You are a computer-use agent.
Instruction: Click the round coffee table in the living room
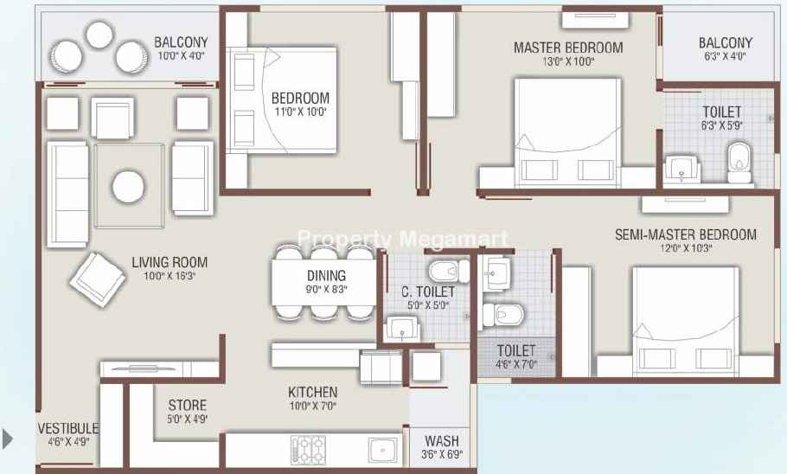click(129, 187)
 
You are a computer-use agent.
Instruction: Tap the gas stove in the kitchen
click(308, 449)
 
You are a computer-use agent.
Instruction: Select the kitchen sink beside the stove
click(383, 450)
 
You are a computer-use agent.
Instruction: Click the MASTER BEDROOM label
click(568, 48)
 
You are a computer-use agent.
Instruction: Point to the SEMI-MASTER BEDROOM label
click(686, 234)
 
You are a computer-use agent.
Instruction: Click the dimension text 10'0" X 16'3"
click(170, 276)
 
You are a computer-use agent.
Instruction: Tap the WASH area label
click(442, 441)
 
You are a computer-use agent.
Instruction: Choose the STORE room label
click(187, 405)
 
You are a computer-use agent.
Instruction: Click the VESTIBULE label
click(68, 428)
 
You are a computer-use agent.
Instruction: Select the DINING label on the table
click(326, 275)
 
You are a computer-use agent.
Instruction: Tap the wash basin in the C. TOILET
click(402, 330)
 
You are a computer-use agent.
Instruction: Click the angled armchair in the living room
click(98, 279)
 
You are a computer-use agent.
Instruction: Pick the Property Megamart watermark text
click(403, 239)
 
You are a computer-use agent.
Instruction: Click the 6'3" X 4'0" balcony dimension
click(725, 56)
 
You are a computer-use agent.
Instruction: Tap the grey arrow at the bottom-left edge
click(8, 439)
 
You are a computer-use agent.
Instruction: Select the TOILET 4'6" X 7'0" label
click(516, 356)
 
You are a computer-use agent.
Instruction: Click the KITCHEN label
click(313, 392)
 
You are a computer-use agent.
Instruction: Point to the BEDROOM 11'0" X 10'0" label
click(300, 104)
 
